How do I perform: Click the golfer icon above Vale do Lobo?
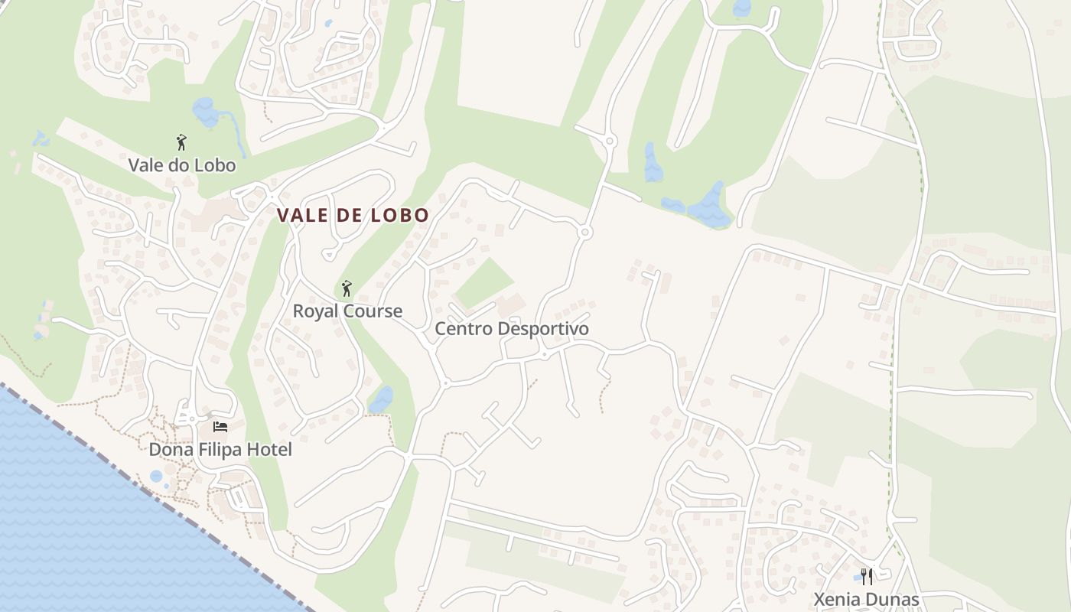181,142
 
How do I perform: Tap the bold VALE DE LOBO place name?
353,216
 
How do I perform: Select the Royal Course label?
347,311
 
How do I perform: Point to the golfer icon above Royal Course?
347,288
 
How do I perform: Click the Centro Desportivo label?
512,329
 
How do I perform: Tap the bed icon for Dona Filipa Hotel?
220,427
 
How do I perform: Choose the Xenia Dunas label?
866,599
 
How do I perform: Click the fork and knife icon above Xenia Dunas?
867,576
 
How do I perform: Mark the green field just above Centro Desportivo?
483,282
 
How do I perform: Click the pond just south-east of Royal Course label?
381,399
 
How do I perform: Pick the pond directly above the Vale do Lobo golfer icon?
206,112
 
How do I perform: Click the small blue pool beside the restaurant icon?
856,578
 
